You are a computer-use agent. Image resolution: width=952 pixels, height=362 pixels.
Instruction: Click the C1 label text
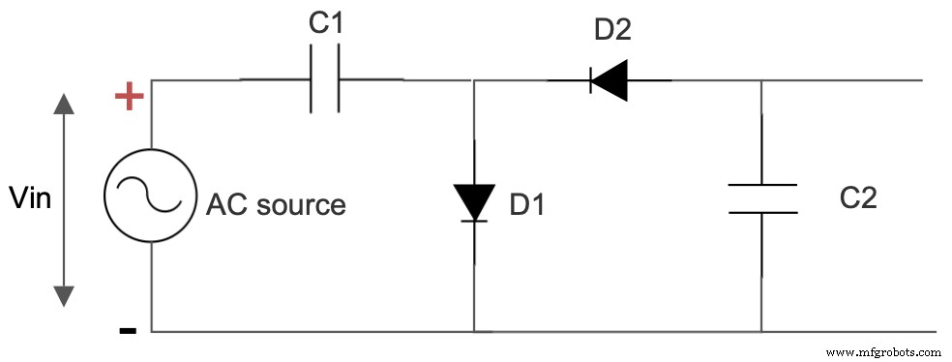pos(326,26)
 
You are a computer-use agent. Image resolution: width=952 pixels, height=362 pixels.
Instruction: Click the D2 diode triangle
pos(609,80)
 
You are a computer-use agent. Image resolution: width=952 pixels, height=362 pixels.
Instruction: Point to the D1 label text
pos(527,205)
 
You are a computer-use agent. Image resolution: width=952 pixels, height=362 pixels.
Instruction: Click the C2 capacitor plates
pos(761,197)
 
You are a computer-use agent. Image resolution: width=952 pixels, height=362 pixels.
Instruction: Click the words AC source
pos(276,205)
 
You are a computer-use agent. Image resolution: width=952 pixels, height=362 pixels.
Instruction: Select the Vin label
pos(29,198)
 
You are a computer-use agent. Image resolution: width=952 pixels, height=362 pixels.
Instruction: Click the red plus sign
pos(130,96)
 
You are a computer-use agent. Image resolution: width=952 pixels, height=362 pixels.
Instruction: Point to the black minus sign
pos(128,331)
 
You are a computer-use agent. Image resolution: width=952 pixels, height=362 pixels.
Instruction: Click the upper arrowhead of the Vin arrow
pos(64,104)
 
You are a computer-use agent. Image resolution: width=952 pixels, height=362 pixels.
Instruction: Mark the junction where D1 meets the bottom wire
pos(474,331)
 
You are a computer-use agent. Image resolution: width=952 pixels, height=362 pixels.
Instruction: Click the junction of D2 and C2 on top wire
pos(761,80)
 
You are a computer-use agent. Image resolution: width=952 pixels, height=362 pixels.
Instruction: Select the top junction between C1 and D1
pos(474,80)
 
